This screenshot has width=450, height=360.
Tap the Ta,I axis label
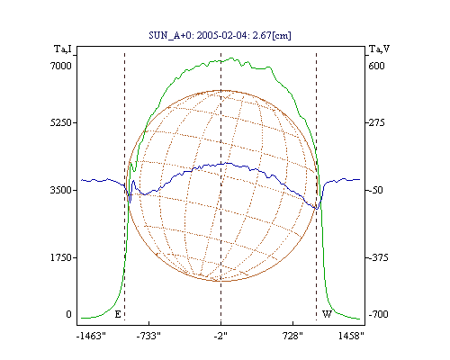[x=63, y=49]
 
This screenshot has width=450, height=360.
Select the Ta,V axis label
[x=379, y=49]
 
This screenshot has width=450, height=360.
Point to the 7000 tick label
[x=61, y=66]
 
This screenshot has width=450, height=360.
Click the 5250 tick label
[x=61, y=122]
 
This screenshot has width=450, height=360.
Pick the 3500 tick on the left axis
[x=61, y=190]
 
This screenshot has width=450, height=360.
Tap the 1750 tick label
[x=61, y=257]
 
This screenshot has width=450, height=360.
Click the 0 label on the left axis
[x=68, y=314]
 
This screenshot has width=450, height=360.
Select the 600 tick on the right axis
[x=376, y=66]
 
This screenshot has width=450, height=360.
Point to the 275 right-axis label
[x=377, y=122]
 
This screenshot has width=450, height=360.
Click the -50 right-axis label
[x=375, y=190]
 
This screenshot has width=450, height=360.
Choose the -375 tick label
[x=378, y=257]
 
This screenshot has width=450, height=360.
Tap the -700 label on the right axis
[x=378, y=314]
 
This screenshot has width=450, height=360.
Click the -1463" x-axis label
[x=91, y=336]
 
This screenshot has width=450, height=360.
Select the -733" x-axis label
[x=148, y=336]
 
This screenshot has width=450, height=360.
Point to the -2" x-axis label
[x=220, y=336]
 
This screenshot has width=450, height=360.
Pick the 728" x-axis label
[x=292, y=336]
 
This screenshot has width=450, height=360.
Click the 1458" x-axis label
[x=351, y=336]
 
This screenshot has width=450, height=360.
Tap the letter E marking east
[x=118, y=314]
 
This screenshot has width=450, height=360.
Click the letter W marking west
[x=327, y=314]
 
